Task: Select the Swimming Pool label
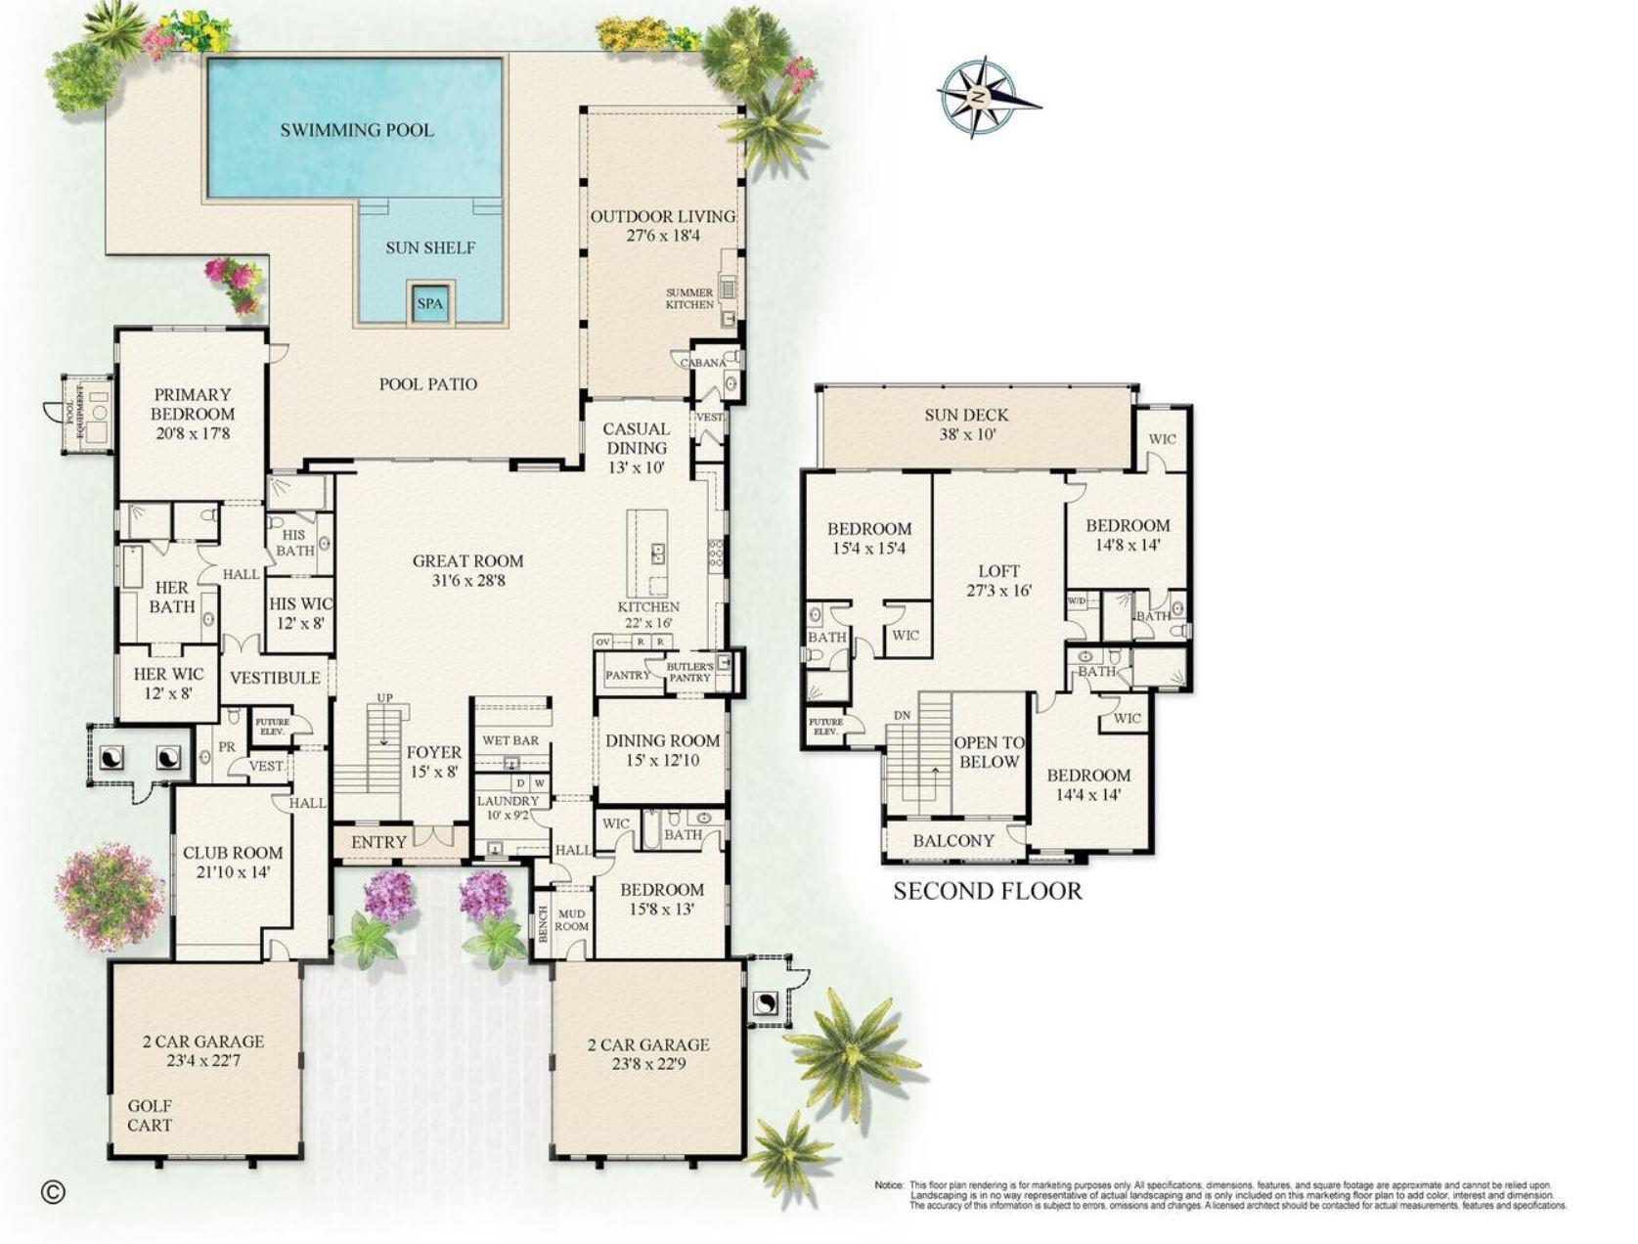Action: [x=357, y=130]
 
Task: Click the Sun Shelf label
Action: [x=430, y=247]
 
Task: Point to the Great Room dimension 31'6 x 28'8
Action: [x=467, y=581]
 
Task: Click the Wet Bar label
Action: [x=510, y=740]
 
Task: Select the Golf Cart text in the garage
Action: [x=150, y=1115]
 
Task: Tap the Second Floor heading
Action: [x=988, y=891]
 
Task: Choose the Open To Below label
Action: [x=990, y=752]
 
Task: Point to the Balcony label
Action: [x=953, y=840]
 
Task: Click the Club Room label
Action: [x=233, y=853]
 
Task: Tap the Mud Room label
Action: [x=572, y=920]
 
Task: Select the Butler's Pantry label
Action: [x=689, y=672]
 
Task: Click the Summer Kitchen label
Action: [x=689, y=298]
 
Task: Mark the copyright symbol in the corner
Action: [x=53, y=1190]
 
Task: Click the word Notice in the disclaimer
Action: [x=889, y=1185]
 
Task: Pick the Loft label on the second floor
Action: [x=998, y=571]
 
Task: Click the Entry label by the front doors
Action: [x=378, y=842]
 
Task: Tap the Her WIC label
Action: [x=168, y=674]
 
